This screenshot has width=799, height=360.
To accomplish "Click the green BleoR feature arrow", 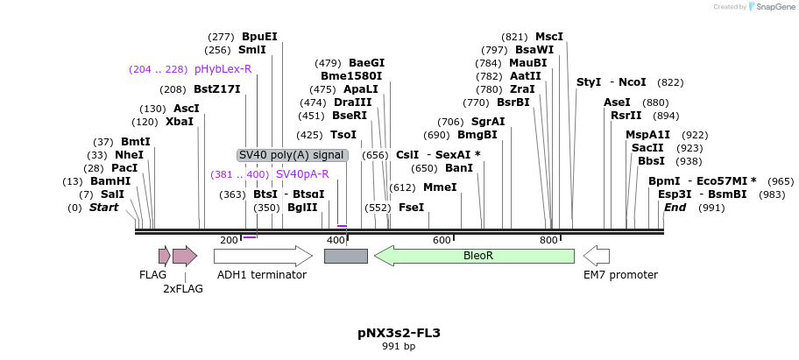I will [x=474, y=256].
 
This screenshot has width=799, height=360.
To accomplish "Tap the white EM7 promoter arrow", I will [x=597, y=256].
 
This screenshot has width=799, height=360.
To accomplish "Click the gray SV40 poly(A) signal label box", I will [x=293, y=155].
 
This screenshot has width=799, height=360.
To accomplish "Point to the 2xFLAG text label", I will [x=183, y=288].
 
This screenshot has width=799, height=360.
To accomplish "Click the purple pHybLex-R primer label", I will [x=223, y=69].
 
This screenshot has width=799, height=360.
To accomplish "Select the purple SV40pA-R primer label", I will [x=302, y=174].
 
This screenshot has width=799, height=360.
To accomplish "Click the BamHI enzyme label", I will [x=110, y=181].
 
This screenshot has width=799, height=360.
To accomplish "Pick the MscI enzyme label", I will [x=549, y=37].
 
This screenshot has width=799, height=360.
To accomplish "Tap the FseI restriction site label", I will [x=411, y=208].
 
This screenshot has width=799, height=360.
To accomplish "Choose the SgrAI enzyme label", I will [x=488, y=122].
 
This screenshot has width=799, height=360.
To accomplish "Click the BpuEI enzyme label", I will [x=259, y=37].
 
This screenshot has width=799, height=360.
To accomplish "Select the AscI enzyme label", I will [x=187, y=109].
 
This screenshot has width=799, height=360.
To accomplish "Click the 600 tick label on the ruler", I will [x=442, y=240].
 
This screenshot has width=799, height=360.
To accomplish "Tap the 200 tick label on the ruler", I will [x=229, y=240].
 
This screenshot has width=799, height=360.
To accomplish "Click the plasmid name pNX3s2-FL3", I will [x=399, y=333].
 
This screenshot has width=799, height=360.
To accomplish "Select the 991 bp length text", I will [x=399, y=347].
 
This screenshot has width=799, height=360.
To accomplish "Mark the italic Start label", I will [x=103, y=208].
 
